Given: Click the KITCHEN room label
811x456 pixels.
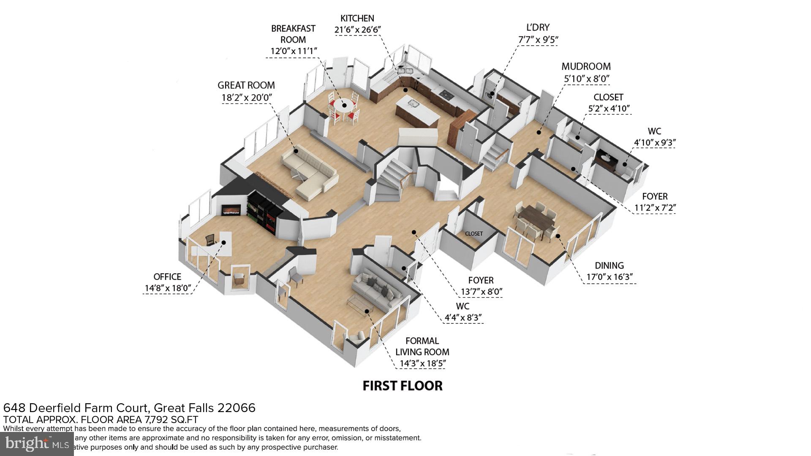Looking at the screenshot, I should tap(357, 18).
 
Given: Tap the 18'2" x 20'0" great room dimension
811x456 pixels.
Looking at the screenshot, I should tap(247, 98).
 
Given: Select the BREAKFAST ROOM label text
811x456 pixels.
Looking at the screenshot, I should tap(293, 34).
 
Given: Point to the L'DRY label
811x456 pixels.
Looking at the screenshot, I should tap(538, 27).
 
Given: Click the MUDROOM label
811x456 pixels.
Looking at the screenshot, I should tap(586, 66).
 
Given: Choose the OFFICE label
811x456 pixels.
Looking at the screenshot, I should tap(167, 277).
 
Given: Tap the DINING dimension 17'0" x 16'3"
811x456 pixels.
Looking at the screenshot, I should tap(609, 277).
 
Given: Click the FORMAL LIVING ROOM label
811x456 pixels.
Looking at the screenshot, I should tap(422, 346).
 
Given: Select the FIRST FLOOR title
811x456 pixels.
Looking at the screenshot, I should tap(403, 385).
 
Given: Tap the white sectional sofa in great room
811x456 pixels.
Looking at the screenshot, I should tap(310, 173).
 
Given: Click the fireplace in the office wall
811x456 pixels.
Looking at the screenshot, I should tap(231, 209).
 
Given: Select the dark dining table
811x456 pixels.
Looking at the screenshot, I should tap(536, 219).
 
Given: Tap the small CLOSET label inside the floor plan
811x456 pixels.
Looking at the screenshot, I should tap(474, 233).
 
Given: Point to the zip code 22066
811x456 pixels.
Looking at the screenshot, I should tap(236, 408).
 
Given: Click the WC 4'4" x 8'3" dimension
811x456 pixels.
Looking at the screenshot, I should tap(463, 318).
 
